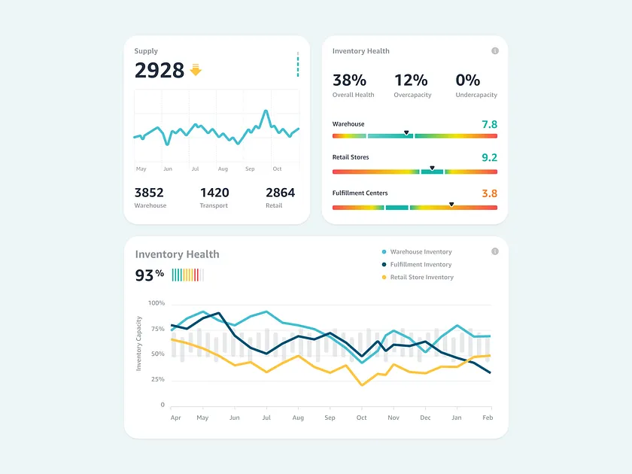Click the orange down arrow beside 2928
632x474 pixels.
coord(196,70)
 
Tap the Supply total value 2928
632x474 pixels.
coord(159,70)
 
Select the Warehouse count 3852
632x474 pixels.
coord(149,193)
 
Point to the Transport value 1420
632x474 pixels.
coord(214,193)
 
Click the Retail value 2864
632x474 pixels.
coord(280,193)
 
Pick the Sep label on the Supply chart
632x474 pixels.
coord(250,169)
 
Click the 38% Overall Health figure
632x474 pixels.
coord(349,80)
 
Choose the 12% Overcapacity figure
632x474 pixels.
coord(411,80)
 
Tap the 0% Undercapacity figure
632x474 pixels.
coord(468,80)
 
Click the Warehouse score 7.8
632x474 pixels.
coord(489,124)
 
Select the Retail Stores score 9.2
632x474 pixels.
coord(489,158)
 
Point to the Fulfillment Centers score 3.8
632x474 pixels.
coord(489,193)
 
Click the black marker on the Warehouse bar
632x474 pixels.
coord(406,132)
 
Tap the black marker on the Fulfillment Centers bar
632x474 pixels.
coord(451,204)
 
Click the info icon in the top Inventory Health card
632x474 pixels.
coord(495,51)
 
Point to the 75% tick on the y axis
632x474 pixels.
coord(156,329)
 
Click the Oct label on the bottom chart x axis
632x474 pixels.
coord(362,417)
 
